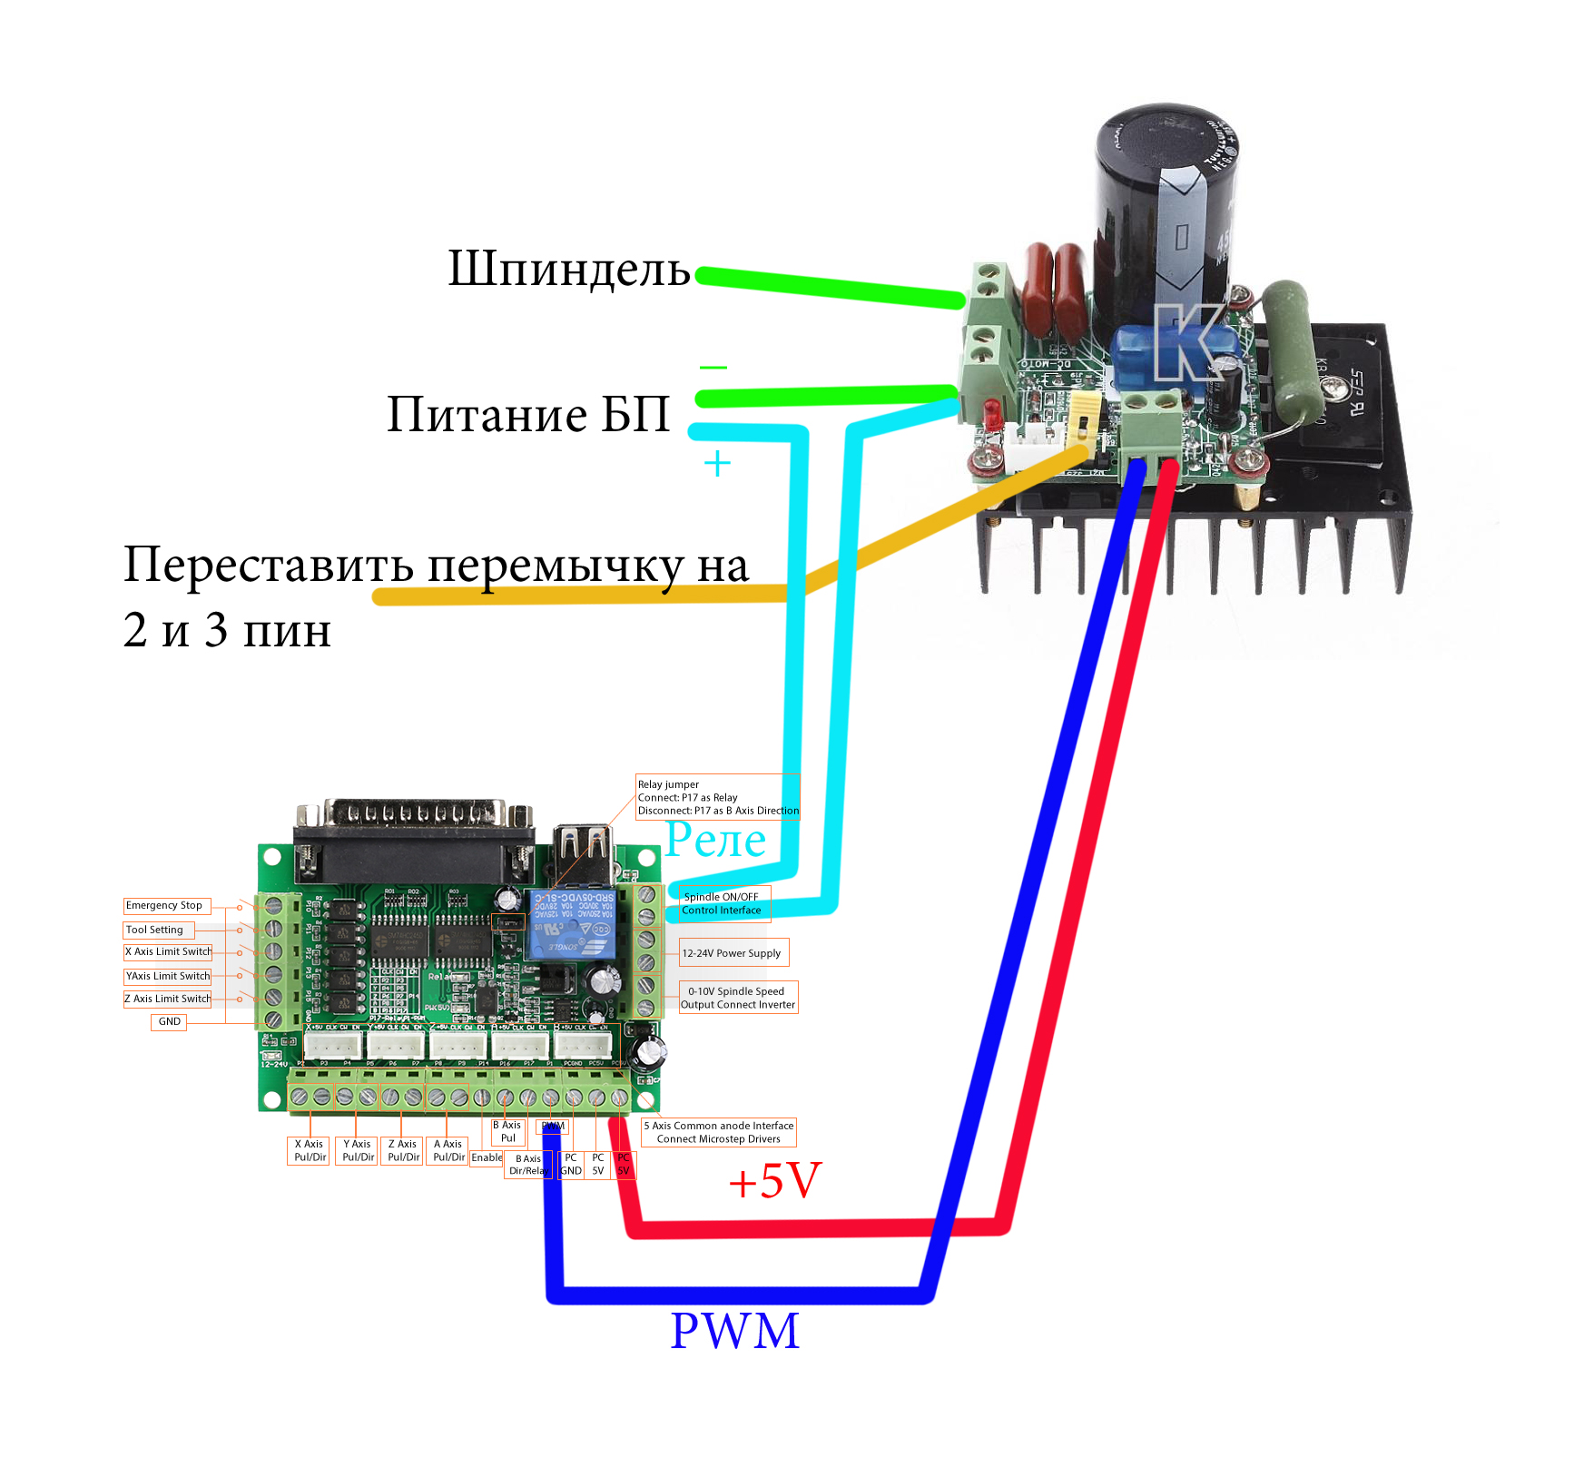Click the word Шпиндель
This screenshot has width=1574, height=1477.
(569, 271)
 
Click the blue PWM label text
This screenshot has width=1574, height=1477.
(734, 1331)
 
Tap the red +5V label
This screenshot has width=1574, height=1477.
(774, 1181)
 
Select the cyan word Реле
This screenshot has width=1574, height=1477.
(715, 840)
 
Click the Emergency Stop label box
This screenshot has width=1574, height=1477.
(166, 906)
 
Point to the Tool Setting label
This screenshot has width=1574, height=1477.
(157, 930)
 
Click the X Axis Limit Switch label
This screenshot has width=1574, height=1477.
(168, 951)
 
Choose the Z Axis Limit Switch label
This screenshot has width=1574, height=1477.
(167, 999)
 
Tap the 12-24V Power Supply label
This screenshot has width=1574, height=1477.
(733, 953)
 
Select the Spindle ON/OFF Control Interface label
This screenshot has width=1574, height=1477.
(723, 903)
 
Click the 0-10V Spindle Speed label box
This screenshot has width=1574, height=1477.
(738, 998)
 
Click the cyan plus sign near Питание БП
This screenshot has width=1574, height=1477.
(717, 464)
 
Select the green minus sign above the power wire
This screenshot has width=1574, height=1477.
(713, 368)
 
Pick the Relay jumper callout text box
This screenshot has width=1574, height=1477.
(717, 797)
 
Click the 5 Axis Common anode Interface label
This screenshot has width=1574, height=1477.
(719, 1132)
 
